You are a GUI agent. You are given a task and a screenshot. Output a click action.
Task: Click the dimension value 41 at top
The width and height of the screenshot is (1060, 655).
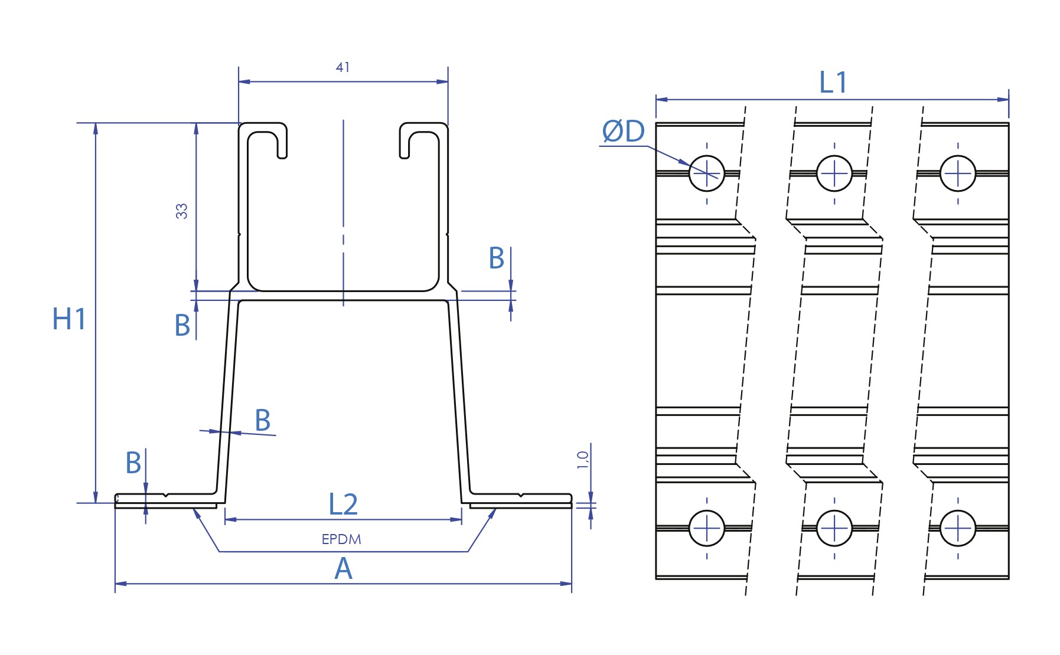343,67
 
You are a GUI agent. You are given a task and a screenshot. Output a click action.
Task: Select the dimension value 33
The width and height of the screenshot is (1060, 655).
181,211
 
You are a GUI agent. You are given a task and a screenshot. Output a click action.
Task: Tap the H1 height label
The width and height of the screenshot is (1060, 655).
69,319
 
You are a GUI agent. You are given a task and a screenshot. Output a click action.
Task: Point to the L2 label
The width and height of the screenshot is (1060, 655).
343,505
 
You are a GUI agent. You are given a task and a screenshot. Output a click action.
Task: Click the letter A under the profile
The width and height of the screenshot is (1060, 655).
343,569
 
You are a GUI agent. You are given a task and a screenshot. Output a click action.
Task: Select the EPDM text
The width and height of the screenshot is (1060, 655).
341,539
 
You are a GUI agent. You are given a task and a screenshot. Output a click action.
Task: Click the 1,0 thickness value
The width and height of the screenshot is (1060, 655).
583,460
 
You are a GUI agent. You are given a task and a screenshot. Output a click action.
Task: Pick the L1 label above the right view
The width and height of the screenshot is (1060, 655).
833,83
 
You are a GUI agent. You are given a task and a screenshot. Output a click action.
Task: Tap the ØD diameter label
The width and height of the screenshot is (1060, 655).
623,132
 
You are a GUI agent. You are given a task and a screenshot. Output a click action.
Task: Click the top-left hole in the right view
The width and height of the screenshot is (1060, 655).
707,173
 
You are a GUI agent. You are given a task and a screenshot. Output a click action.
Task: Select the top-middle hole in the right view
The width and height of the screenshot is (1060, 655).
834,173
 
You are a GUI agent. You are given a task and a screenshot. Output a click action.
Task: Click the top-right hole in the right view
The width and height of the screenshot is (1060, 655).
958,173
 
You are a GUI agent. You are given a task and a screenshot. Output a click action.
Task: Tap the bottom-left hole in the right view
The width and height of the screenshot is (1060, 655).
707,528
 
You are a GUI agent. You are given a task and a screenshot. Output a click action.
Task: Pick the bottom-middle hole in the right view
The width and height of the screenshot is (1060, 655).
834,528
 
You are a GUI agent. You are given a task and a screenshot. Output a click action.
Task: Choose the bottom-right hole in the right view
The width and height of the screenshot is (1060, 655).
958,528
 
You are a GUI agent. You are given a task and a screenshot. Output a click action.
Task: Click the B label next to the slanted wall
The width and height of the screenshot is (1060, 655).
263,421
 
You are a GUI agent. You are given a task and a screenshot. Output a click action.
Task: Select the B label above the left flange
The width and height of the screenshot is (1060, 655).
133,463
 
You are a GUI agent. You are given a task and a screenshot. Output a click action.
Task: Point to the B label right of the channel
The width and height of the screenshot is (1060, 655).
497,258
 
